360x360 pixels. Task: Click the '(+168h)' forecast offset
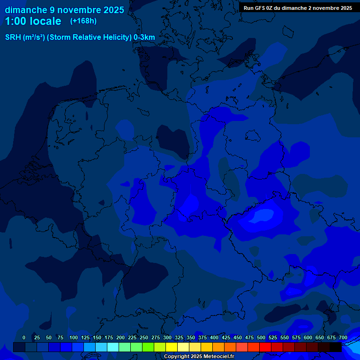coord(83,21)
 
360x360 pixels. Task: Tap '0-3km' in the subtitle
coord(144,37)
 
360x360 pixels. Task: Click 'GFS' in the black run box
coord(260,8)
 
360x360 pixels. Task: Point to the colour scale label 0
coord(24,337)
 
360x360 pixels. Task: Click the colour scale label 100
coord(74,337)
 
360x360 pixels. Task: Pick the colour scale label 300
coord(167,337)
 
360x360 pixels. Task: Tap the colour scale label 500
coord(261,337)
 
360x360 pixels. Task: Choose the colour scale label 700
coord(343,337)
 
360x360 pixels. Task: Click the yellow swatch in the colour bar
coord(172,347)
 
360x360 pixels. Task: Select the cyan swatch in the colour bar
coord(113,347)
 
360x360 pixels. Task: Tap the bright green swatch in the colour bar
coord(148,347)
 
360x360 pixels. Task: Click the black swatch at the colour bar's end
coord(336,347)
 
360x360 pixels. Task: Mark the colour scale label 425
coord(226,337)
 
